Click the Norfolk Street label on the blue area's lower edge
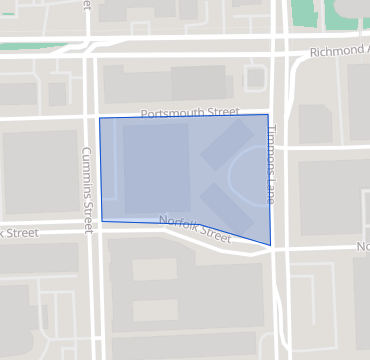pos(195,230)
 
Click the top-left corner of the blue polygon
pos(99,118)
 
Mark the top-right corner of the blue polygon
pos(267,115)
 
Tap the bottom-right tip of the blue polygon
pos(271,245)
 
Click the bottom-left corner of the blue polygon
pos(102,221)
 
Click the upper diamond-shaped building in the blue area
pos(227,146)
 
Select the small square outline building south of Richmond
pos(256,78)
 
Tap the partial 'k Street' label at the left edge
pos(19,233)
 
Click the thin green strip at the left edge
pos(3,13)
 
